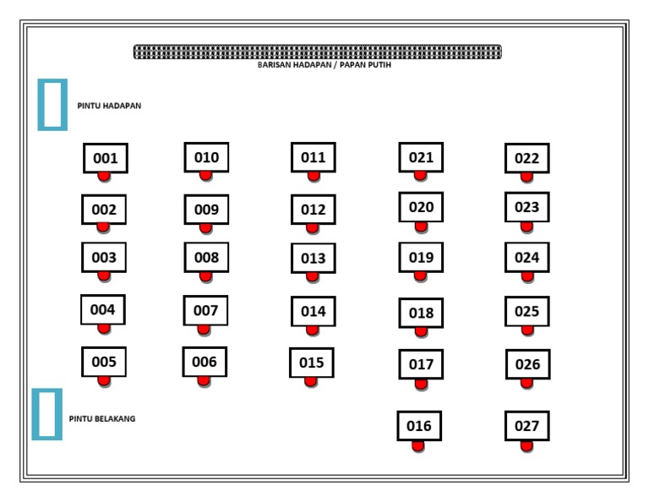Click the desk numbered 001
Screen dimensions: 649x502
click(x=106, y=158)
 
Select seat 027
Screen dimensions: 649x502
click(x=526, y=426)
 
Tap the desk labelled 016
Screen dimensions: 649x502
click(x=419, y=426)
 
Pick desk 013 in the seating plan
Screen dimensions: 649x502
click(x=313, y=259)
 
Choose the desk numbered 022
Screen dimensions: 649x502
click(x=526, y=158)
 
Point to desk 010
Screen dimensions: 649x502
click(x=206, y=157)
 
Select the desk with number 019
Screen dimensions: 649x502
click(x=421, y=258)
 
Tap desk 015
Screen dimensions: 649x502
click(x=311, y=363)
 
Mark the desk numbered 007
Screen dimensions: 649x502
click(x=205, y=310)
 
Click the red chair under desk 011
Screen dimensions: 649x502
click(x=314, y=176)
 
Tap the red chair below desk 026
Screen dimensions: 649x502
click(x=526, y=383)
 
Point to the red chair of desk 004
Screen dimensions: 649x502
click(x=104, y=328)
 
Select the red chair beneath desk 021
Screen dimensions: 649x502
click(x=420, y=175)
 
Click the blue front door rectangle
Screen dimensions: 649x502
click(x=52, y=105)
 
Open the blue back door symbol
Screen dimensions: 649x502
click(x=47, y=414)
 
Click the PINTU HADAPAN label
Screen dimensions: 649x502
click(x=109, y=106)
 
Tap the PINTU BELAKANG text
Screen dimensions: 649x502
click(x=102, y=418)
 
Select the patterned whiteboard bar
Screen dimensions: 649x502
click(x=317, y=52)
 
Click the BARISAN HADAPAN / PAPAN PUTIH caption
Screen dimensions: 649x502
click(x=324, y=65)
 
